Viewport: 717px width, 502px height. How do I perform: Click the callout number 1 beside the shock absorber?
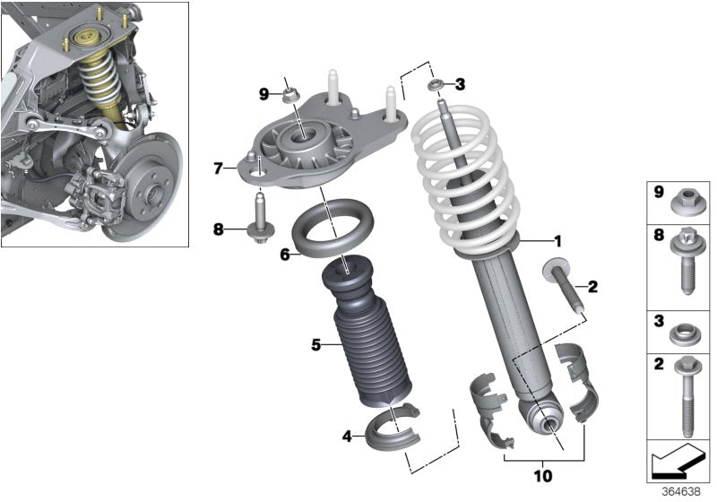tap(557, 240)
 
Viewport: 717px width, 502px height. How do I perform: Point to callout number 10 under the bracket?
tap(544, 475)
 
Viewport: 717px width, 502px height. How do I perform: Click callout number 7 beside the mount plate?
tap(219, 167)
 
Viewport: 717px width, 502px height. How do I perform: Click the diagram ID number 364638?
tap(681, 492)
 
